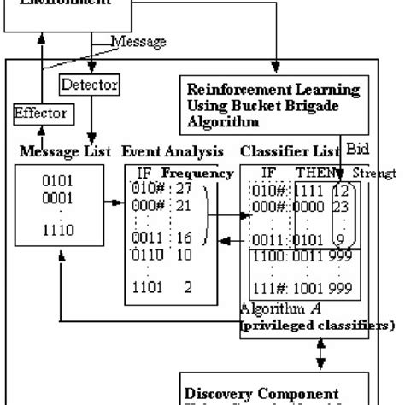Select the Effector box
click(41, 112)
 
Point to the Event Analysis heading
click(160, 152)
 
